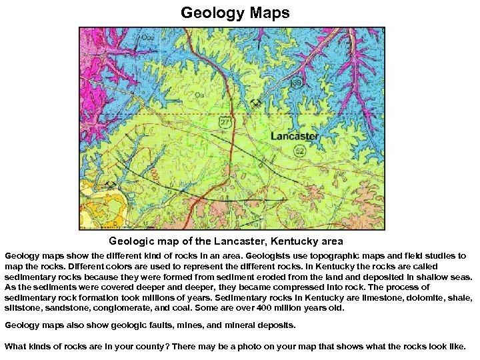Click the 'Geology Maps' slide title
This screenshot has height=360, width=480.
pos(235,13)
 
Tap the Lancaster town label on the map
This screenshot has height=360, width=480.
pos(294,136)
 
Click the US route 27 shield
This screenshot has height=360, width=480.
pos(225,123)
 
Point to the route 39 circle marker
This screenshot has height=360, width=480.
pos(296,83)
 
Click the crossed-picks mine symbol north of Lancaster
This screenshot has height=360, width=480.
pos(255,103)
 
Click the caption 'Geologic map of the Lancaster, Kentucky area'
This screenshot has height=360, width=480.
pos(226,241)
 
